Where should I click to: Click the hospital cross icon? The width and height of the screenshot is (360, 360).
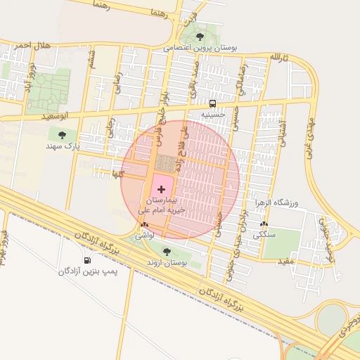pyautogui.click(x=162, y=189)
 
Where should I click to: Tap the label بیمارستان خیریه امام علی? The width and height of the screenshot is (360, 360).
pyautogui.click(x=162, y=205)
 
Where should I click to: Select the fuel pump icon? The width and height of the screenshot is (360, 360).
pyautogui.click(x=87, y=261)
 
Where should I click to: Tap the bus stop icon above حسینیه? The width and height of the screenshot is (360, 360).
pyautogui.click(x=212, y=102)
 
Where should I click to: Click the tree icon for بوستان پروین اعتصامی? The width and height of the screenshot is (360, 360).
pyautogui.click(x=200, y=36)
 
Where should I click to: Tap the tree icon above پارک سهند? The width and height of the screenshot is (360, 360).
pyautogui.click(x=63, y=134)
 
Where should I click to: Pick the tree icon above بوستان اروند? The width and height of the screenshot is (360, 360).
pyautogui.click(x=167, y=251)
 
